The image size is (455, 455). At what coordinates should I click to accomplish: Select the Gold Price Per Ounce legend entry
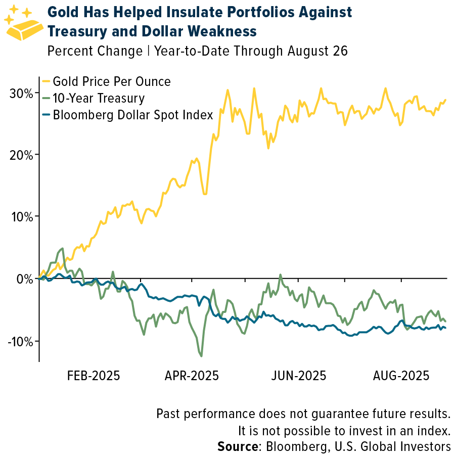pyautogui.click(x=112, y=81)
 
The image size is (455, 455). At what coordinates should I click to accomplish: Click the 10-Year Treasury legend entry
pyautogui.click(x=99, y=98)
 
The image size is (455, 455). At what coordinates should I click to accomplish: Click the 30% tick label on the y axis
pyautogui.click(x=22, y=93)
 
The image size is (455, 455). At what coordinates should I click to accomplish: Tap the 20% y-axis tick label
pyautogui.click(x=22, y=155)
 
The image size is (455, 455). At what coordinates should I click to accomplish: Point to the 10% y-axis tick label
pyautogui.click(x=22, y=217)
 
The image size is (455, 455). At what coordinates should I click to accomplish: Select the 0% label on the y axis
pyautogui.click(x=24, y=279)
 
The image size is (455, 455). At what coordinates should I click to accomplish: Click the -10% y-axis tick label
pyautogui.click(x=20, y=341)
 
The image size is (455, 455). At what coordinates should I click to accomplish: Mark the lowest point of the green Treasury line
pyautogui.click(x=202, y=356)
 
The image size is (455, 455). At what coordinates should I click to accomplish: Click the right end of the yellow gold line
pyautogui.click(x=445, y=100)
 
